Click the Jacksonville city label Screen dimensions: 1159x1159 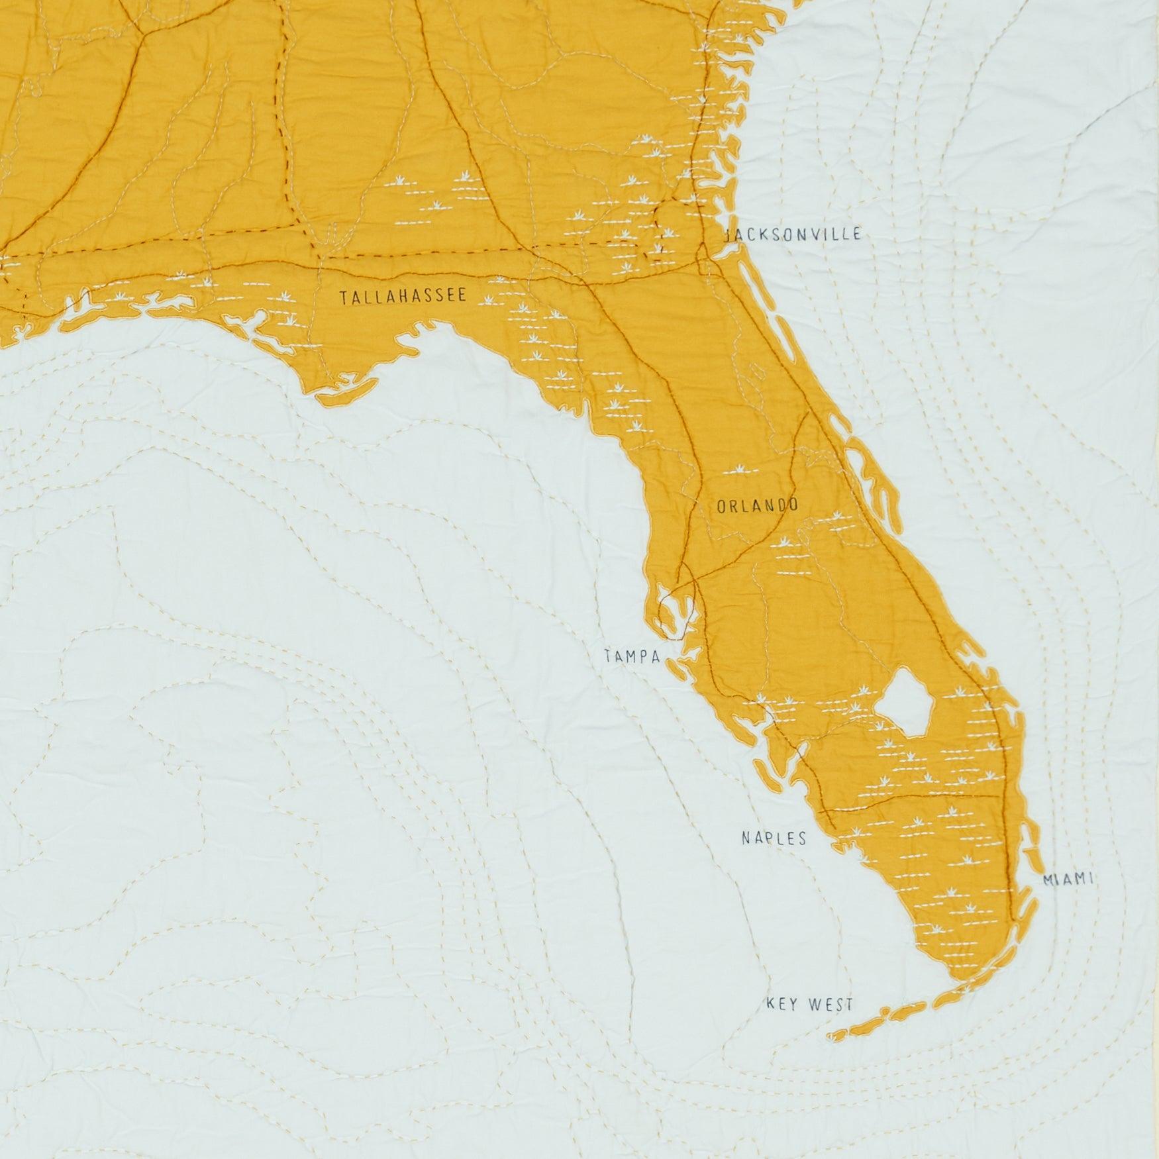[x=793, y=234]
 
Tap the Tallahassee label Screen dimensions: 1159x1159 [x=403, y=297]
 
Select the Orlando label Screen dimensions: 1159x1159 [x=757, y=507]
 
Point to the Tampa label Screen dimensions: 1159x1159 [x=632, y=657]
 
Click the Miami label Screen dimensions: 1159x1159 [x=1067, y=880]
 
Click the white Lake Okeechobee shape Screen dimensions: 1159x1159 [x=905, y=703]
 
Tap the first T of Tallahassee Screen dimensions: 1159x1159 [x=343, y=298]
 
